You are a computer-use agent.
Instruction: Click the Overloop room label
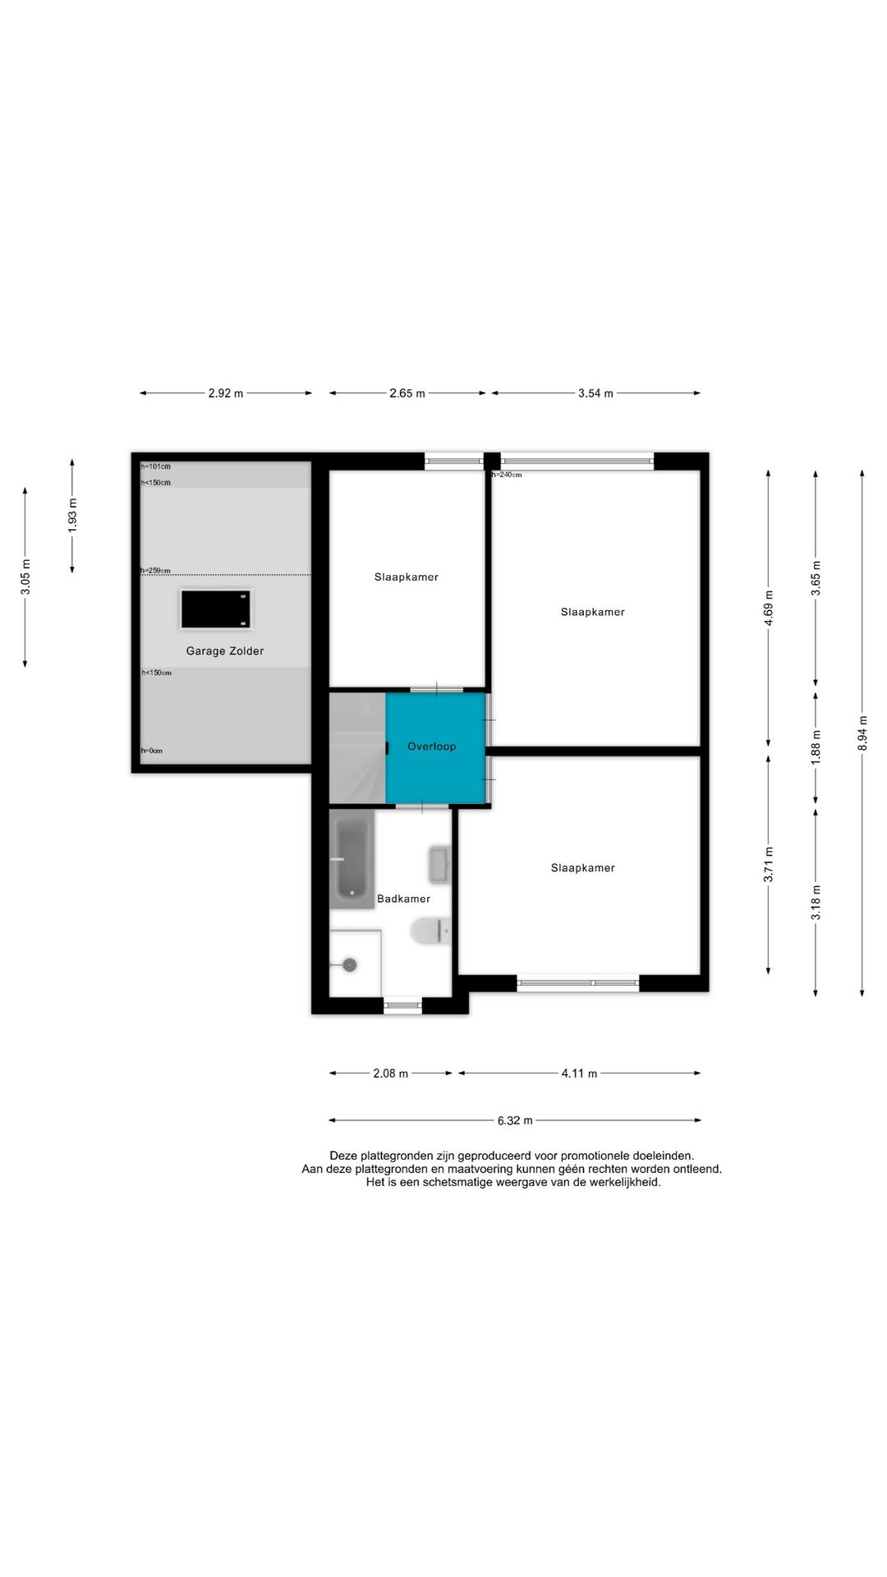click(431, 747)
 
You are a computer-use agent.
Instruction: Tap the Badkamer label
click(403, 899)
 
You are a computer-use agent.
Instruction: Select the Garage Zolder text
click(225, 651)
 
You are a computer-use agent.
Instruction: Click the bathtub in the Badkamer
click(352, 859)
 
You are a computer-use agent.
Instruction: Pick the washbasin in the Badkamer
click(440, 865)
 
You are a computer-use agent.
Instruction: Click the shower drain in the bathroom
click(350, 965)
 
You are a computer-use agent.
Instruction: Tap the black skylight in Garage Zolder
click(215, 609)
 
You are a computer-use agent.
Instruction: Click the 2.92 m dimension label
click(226, 393)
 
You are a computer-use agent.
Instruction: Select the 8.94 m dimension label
click(862, 733)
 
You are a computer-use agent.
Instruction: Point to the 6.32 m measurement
click(515, 1120)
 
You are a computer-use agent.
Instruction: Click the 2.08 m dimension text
click(391, 1074)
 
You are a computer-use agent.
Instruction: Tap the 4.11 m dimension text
click(579, 1074)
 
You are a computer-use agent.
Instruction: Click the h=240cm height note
click(507, 475)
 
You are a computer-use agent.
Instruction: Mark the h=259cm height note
click(156, 571)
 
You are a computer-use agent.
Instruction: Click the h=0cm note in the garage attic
click(152, 751)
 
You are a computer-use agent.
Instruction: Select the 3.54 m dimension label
click(595, 393)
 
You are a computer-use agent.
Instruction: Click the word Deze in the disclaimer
click(343, 1156)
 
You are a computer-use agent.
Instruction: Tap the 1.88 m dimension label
click(816, 747)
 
